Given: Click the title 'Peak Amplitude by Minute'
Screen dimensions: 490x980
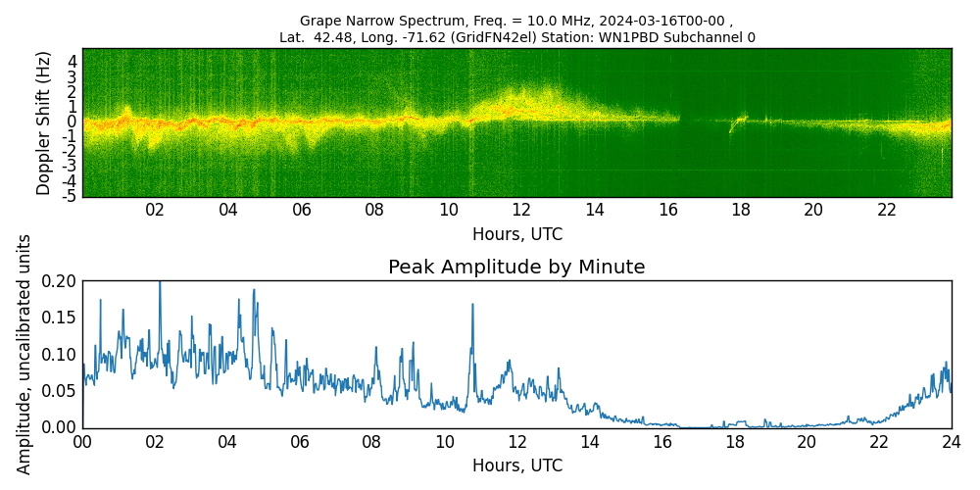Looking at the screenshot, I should click(516, 268).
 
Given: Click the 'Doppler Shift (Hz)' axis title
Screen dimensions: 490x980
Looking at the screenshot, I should click(44, 122).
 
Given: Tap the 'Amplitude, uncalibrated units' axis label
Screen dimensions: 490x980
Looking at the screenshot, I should click(24, 354).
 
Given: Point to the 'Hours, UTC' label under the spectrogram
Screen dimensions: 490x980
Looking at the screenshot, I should click(516, 235).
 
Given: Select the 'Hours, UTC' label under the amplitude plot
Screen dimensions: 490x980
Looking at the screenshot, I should click(516, 466).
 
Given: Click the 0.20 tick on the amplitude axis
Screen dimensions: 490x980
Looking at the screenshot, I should click(59, 281).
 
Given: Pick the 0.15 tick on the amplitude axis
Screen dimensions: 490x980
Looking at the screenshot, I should click(59, 318).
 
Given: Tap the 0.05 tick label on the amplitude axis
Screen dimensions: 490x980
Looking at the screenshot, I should click(59, 391).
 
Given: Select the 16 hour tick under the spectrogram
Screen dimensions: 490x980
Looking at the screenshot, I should click(667, 210).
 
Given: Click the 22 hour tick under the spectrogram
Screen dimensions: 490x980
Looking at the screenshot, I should click(887, 210).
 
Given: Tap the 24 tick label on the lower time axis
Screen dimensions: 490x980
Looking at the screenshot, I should click(951, 441).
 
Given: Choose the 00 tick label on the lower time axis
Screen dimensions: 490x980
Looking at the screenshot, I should click(82, 441).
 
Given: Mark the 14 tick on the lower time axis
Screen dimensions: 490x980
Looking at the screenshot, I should click(589, 441).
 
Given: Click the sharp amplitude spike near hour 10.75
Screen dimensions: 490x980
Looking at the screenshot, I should click(472, 305).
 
